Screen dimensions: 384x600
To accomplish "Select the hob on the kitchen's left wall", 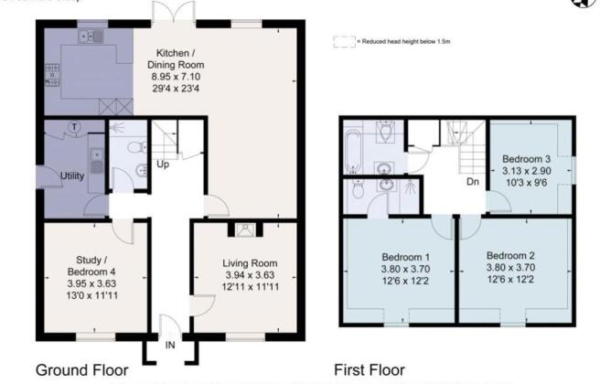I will pyautogui.click(x=52, y=69).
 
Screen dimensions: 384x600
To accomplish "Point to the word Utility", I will pyautogui.click(x=71, y=176).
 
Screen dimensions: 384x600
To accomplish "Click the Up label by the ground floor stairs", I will pyautogui.click(x=163, y=165).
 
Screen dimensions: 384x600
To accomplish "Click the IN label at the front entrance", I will pyautogui.click(x=169, y=346).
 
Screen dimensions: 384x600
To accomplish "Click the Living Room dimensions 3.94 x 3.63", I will pyautogui.click(x=250, y=275).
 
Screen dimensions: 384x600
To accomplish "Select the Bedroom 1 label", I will pyautogui.click(x=398, y=255).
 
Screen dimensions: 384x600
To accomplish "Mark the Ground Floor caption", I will pyautogui.click(x=81, y=370).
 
